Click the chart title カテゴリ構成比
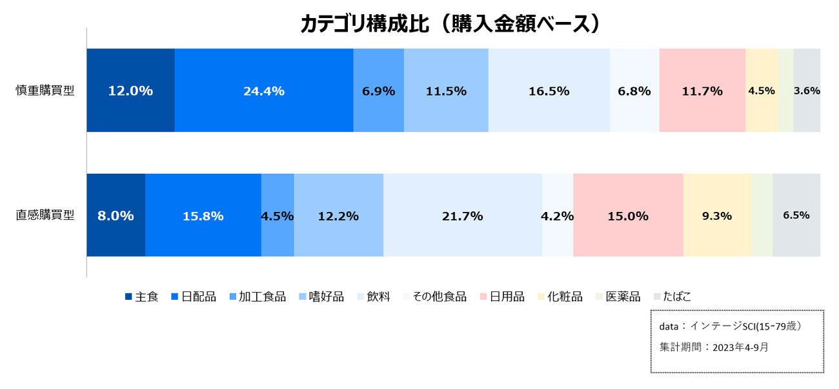pyautogui.click(x=451, y=24)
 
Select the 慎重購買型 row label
pyautogui.click(x=45, y=90)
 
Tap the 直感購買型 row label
pyautogui.click(x=45, y=215)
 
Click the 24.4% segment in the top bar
pyautogui.click(x=264, y=91)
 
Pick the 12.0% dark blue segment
pyautogui.click(x=130, y=91)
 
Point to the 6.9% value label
pyautogui.click(x=378, y=91)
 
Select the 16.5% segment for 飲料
pyautogui.click(x=549, y=91)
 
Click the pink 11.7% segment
pyautogui.click(x=702, y=91)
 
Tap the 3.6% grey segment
pyautogui.click(x=807, y=91)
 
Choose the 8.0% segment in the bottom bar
pyautogui.click(x=116, y=216)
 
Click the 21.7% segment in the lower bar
pyautogui.click(x=462, y=216)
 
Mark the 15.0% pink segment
pyautogui.click(x=628, y=216)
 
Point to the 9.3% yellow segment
pyautogui.click(x=717, y=216)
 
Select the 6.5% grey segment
pyautogui.click(x=796, y=216)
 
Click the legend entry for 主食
pyautogui.click(x=142, y=297)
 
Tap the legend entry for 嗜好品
pyautogui.click(x=321, y=297)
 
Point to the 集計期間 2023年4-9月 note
pyautogui.click(x=714, y=347)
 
